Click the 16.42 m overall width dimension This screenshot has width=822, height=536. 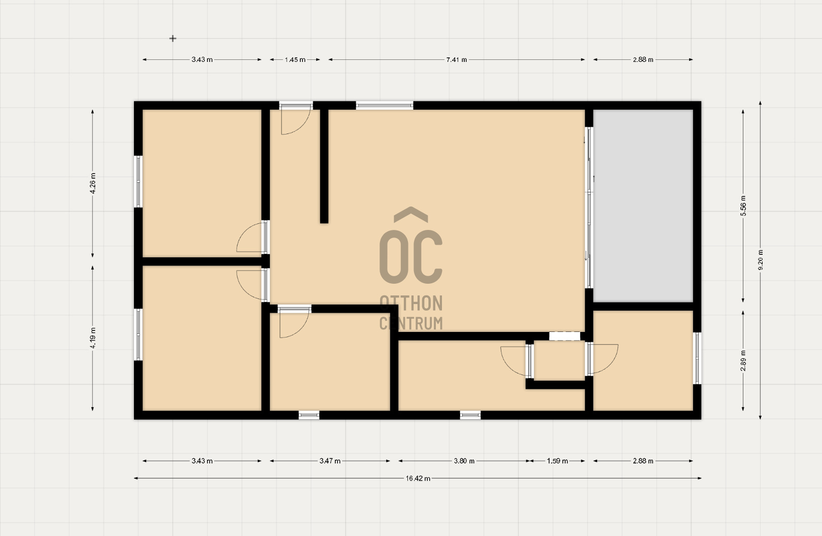pyautogui.click(x=418, y=478)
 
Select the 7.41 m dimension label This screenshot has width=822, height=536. pyautogui.click(x=457, y=59)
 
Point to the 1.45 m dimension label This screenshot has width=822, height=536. pyautogui.click(x=295, y=59)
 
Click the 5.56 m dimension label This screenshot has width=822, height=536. pyautogui.click(x=743, y=206)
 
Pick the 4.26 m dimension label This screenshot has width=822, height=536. pyautogui.click(x=93, y=183)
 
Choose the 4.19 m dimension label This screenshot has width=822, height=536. pyautogui.click(x=93, y=338)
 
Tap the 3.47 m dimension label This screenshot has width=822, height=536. pyautogui.click(x=330, y=461)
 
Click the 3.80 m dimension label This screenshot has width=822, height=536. pyautogui.click(x=464, y=461)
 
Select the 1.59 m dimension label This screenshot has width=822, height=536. pyautogui.click(x=558, y=461)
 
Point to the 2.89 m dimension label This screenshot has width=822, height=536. pyautogui.click(x=743, y=360)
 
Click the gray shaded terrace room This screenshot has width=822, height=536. pyautogui.click(x=643, y=206)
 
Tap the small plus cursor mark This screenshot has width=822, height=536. pyautogui.click(x=173, y=38)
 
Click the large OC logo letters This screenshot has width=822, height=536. pyautogui.click(x=410, y=246)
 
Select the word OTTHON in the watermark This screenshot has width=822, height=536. pyautogui.click(x=411, y=303)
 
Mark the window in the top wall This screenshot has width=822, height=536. pyautogui.click(x=385, y=106)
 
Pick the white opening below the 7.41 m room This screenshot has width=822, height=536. pyautogui.click(x=564, y=336)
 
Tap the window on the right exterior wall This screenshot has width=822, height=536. pyautogui.click(x=697, y=358)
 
